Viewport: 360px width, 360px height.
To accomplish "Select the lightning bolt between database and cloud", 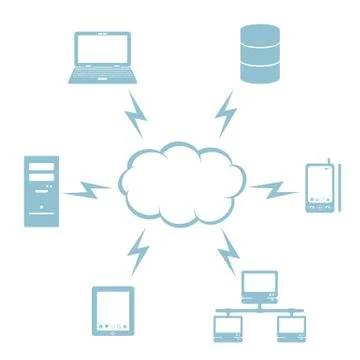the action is tap(226, 113).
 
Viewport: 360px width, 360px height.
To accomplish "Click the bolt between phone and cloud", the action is tap(271, 187).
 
